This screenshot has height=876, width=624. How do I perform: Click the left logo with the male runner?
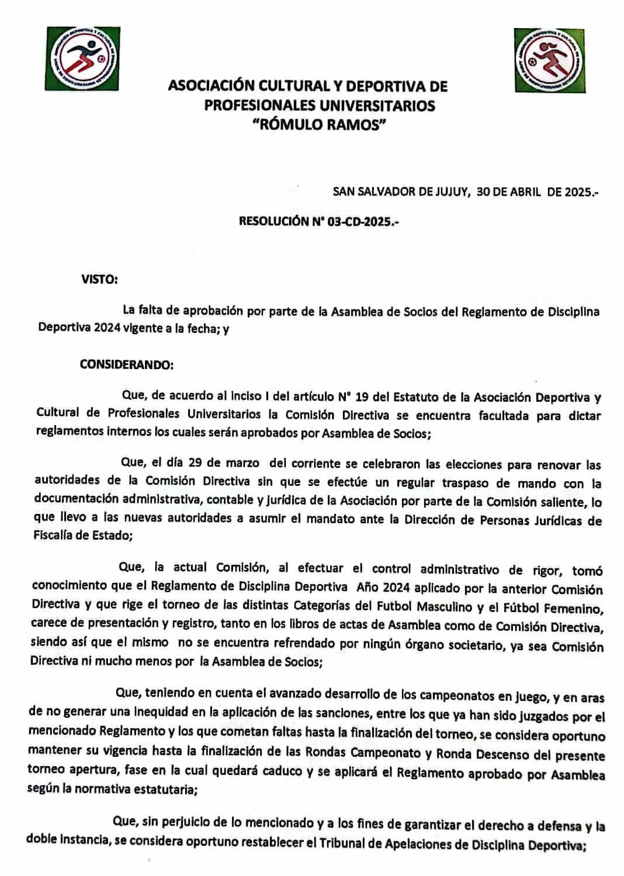click(x=82, y=58)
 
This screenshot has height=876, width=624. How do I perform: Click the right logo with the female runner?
click(x=550, y=60)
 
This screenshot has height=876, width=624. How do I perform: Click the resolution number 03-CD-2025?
click(x=362, y=221)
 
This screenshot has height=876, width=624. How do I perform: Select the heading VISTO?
click(x=99, y=279)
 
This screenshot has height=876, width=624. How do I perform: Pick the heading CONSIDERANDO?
click(x=126, y=365)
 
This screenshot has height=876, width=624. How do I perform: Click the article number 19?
click(x=361, y=398)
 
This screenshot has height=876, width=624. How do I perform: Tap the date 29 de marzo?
click(x=224, y=463)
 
